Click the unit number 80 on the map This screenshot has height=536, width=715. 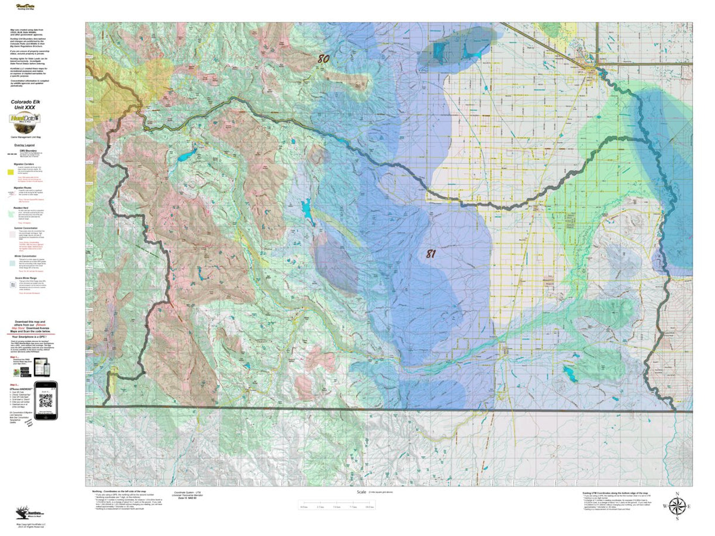[x=323, y=58]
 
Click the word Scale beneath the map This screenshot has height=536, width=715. [x=361, y=492]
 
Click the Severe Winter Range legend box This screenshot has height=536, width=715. [x=11, y=285]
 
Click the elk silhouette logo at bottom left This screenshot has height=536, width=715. [x=24, y=512]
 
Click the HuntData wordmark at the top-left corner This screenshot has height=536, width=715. [x=23, y=7]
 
